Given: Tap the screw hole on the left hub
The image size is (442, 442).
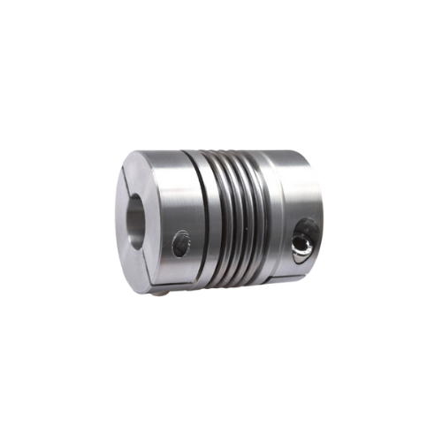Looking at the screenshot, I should (x=180, y=241).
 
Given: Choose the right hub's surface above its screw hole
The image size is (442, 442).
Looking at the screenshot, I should (x=296, y=190).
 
